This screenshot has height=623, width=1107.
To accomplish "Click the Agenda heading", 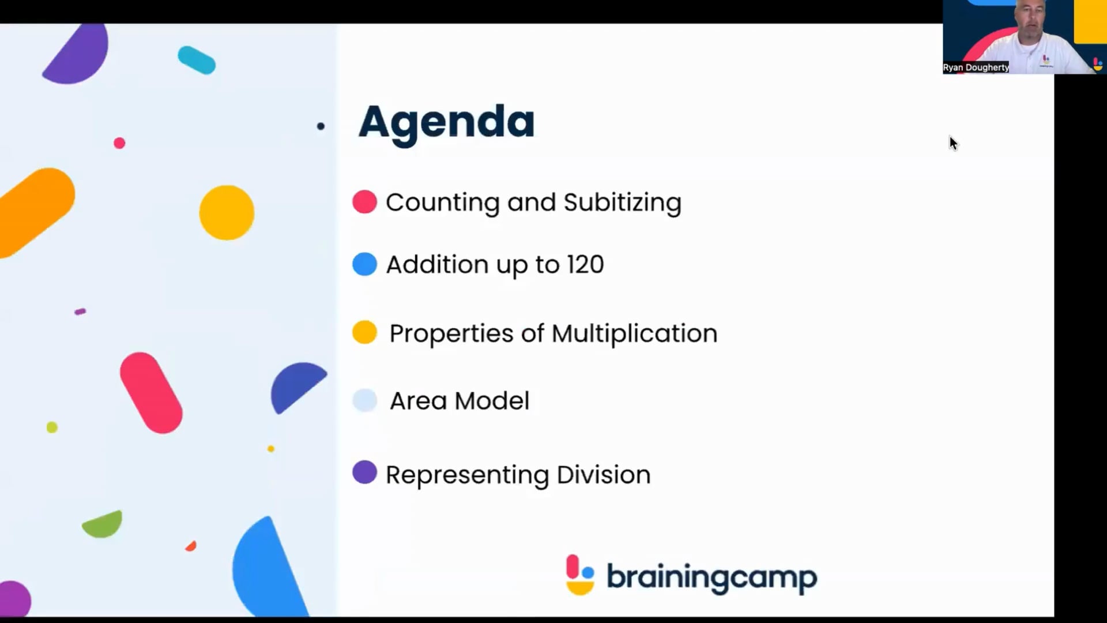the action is (446, 122).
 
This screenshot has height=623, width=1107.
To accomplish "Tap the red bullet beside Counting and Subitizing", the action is (364, 202).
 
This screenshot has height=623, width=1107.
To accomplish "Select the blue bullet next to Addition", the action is (364, 264).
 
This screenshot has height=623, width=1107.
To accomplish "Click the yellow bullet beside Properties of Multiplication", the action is (364, 332).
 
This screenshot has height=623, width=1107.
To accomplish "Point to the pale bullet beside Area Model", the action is (364, 400).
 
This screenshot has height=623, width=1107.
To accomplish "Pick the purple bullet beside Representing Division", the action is (364, 472).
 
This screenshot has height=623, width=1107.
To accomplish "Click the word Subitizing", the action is (622, 203).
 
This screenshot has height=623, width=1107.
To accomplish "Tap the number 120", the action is (585, 265).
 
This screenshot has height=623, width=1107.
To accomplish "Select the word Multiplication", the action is (634, 334).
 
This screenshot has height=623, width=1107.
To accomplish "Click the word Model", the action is (492, 401).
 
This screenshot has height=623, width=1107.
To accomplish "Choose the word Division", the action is (604, 475).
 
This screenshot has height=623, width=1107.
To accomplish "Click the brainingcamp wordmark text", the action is (711, 577).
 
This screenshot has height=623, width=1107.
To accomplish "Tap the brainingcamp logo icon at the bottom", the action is (580, 575).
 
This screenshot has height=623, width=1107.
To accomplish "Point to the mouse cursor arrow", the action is (953, 143).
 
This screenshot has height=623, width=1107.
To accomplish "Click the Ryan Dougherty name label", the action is (976, 67).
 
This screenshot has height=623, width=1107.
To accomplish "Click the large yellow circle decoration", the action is (227, 212).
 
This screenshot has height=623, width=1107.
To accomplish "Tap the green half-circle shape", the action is (103, 524).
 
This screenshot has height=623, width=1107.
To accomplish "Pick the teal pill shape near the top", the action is (197, 60).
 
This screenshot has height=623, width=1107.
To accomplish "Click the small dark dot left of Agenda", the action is (321, 126).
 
